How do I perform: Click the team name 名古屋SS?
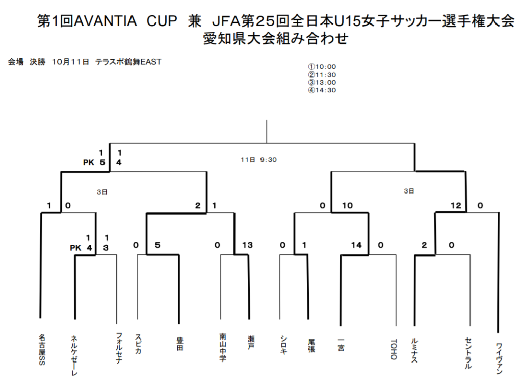click(x=42, y=349)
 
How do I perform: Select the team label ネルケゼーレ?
click(x=74, y=355)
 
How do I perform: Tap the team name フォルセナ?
click(x=119, y=348)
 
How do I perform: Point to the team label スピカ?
click(x=138, y=343)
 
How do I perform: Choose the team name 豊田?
click(x=180, y=344)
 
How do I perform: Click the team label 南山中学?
click(x=223, y=347)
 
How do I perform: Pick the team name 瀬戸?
click(x=251, y=342)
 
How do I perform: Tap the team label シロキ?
click(x=283, y=345)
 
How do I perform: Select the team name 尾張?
click(x=311, y=345)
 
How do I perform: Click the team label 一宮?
click(x=341, y=345)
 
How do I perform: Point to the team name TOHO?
click(x=394, y=349)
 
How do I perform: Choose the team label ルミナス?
click(x=414, y=350)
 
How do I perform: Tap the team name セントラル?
click(x=468, y=353)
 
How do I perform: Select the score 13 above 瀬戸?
click(x=247, y=245)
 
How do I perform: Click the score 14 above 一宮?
click(x=356, y=245)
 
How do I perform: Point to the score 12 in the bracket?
click(x=456, y=205)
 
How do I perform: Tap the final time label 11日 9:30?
click(x=258, y=160)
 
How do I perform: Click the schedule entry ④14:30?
click(x=322, y=90)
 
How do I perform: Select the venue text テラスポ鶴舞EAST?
click(x=128, y=62)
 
